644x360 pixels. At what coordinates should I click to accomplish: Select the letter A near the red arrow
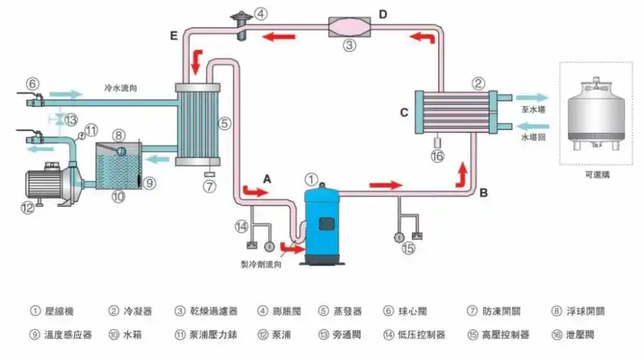[x=267, y=177]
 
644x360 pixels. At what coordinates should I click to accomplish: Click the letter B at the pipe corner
[x=483, y=192]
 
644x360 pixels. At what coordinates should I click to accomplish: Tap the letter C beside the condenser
[x=404, y=112]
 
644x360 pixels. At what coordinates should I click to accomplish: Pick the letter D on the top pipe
[x=383, y=14]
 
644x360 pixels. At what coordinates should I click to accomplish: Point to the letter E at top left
[x=174, y=35]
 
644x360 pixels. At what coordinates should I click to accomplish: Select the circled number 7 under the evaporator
[x=210, y=186]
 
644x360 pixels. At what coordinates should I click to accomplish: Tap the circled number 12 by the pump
[x=27, y=210]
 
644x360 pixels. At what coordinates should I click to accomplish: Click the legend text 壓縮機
[x=58, y=312]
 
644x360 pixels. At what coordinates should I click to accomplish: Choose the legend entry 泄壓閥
[x=584, y=335]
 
